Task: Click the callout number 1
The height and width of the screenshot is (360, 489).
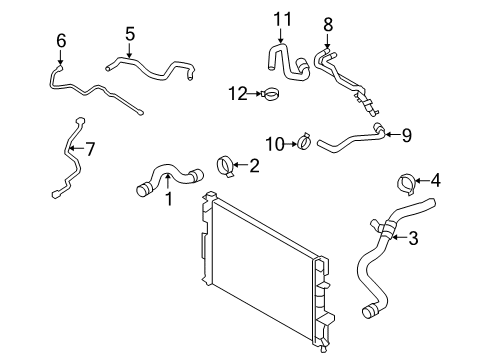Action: click(169, 199)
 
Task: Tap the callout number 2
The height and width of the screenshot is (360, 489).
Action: click(254, 165)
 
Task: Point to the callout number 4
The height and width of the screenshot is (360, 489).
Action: click(435, 181)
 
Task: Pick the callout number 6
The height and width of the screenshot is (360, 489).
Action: click(61, 40)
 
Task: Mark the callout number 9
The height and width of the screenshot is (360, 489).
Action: click(405, 134)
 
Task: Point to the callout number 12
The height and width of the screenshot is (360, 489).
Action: click(237, 93)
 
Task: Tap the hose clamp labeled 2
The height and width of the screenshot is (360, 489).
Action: click(226, 166)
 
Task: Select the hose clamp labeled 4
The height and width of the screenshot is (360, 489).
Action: click(405, 183)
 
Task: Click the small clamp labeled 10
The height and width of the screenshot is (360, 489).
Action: click(302, 145)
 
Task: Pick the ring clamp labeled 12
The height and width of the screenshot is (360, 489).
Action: click(269, 95)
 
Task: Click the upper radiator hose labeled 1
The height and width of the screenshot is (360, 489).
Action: click(165, 181)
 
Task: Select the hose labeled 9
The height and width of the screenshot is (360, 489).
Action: click(350, 143)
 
